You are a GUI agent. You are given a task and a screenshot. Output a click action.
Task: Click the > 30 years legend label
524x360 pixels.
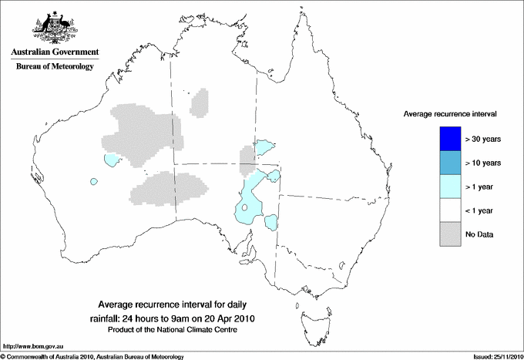(483, 140)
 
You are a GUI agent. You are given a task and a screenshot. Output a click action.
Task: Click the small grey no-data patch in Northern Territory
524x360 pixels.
(200, 102)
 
